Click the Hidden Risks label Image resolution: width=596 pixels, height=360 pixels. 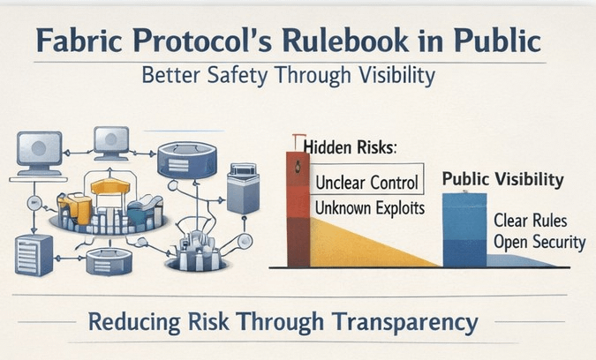coord(350,147)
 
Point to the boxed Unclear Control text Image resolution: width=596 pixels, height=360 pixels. coord(366,183)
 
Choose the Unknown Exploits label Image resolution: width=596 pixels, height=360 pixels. coord(370,207)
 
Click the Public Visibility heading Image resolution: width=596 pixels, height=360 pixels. coord(503,180)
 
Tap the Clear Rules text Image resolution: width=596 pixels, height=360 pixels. coord(531,221)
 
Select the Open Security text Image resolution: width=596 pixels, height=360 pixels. coord(539,243)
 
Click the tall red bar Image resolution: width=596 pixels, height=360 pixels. coord(298,209)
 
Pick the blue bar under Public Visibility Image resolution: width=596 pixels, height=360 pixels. coord(464,229)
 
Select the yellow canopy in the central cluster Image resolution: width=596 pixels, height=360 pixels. coord(110,186)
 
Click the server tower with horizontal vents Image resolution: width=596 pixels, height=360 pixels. coord(34,254)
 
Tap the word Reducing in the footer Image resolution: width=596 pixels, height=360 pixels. coord(134,322)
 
